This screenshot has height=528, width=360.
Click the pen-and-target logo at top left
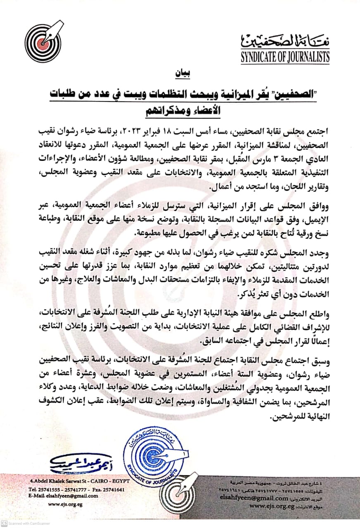43,41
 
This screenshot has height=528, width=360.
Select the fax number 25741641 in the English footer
113,490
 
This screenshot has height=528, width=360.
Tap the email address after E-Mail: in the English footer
74,496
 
